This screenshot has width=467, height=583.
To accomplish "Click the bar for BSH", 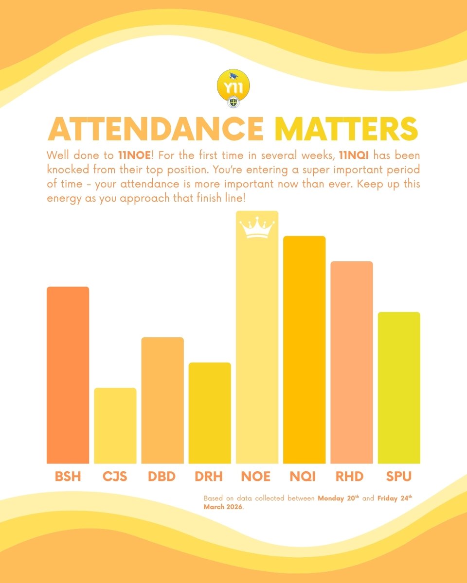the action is [68, 375].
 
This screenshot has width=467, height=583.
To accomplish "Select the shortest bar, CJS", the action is [115, 426].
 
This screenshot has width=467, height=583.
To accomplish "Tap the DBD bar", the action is [162, 400].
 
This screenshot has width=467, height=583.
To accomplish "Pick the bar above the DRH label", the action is [210, 413].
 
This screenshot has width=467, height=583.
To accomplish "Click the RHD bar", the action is [352, 362].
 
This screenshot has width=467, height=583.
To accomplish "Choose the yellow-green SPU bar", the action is [399, 388].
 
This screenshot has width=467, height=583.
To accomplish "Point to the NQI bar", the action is [304, 350].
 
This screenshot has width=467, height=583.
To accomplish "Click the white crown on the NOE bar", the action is [257, 227].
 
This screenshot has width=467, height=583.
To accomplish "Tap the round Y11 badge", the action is [233, 86].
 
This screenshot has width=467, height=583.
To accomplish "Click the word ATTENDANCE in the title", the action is [156, 129].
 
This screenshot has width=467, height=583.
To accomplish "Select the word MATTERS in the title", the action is [346, 129].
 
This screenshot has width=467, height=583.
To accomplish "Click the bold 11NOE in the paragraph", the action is [135, 155].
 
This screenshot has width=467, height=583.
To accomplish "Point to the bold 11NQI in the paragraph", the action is [354, 155].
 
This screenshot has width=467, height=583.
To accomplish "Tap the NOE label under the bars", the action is [255, 477].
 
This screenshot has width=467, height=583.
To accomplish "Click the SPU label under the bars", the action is [399, 477].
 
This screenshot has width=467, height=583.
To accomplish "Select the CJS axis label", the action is [115, 477].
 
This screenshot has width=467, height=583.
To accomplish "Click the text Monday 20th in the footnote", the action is [339, 498].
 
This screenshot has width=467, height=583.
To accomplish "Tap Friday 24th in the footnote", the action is [395, 498].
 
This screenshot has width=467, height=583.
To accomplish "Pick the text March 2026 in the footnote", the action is [223, 507].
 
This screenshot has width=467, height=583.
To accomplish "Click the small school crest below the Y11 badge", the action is [233, 103].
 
